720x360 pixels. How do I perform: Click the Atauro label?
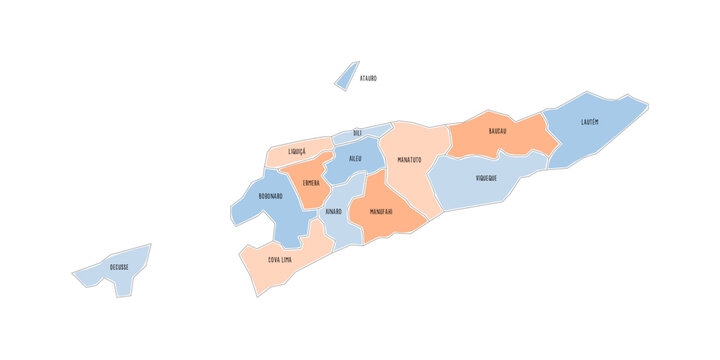(368, 78)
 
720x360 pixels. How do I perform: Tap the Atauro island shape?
(346, 77)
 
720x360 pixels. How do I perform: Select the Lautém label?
(590, 123)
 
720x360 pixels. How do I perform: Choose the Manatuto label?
(409, 160)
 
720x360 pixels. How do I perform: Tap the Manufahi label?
(381, 212)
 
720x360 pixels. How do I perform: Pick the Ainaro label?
(333, 212)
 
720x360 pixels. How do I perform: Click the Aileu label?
(356, 160)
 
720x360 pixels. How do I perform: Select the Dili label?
(357, 133)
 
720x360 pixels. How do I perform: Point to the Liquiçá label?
(297, 152)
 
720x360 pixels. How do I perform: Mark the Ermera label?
(311, 183)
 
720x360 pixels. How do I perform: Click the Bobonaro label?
(270, 197)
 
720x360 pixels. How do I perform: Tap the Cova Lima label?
(280, 260)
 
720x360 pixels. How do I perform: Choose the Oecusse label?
(119, 268)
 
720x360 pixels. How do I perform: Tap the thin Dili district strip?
(372, 130)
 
